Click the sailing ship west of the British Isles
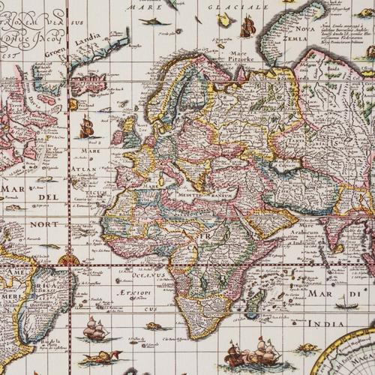(87, 127)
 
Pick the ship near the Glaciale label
(247, 27)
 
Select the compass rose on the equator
(69, 260)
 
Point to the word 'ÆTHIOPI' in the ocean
(130, 291)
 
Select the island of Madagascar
(256, 301)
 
